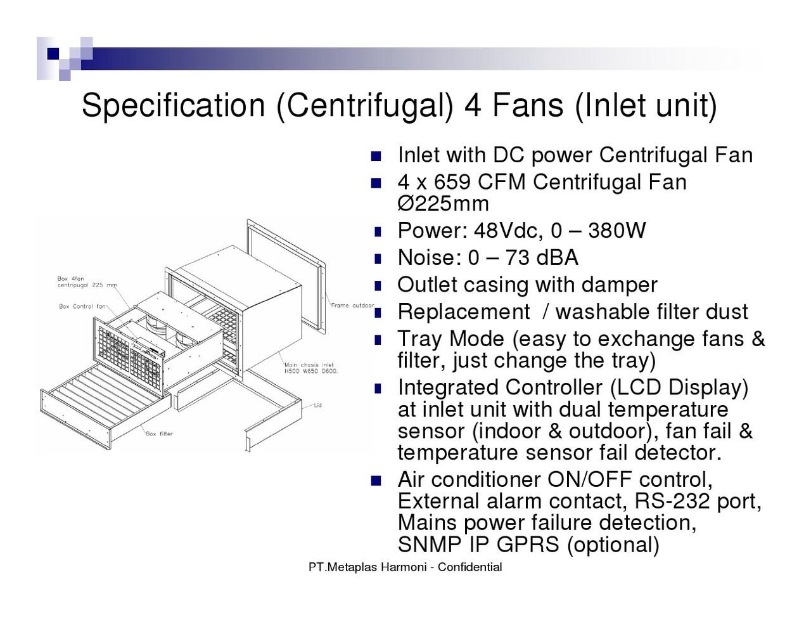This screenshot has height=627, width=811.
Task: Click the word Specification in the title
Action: coord(173,106)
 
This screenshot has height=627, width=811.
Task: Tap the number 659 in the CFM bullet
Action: coord(452,182)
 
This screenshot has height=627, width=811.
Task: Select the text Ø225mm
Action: coord(443,204)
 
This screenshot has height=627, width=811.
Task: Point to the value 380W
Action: coord(617,230)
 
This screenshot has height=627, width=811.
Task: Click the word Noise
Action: coord(430,257)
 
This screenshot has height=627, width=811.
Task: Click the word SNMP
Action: coord(430,544)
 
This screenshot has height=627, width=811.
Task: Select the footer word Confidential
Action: coord(470,567)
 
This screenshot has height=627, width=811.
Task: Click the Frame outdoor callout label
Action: coord(352,306)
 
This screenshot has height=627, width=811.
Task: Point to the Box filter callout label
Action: coord(159,434)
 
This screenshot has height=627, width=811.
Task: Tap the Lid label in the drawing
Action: coord(317,405)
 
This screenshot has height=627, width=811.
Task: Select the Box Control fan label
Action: coord(82,307)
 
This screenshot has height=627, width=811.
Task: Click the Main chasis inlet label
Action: coord(311,368)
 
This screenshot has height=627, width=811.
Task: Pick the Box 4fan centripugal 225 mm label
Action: coord(87,282)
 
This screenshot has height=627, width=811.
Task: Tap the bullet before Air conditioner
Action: coord(376,481)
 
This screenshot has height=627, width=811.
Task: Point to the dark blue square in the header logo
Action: coord(53,54)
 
